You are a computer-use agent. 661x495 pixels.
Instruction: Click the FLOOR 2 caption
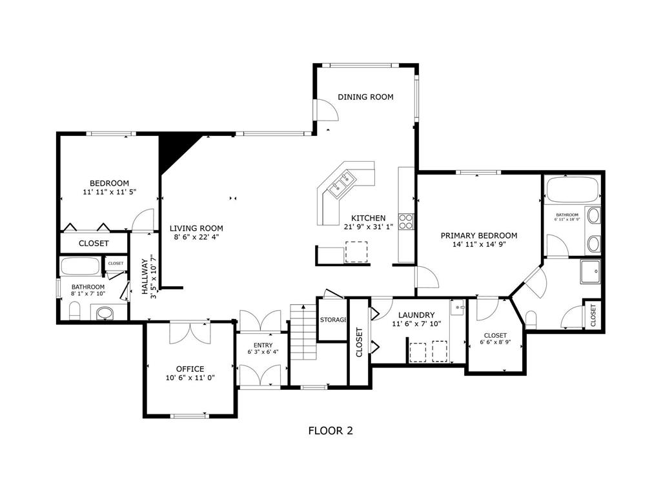[330, 431]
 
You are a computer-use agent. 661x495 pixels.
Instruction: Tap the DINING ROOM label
[365, 97]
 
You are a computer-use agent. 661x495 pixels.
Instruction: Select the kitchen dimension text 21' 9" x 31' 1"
[369, 227]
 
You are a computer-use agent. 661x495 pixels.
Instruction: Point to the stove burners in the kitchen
[407, 222]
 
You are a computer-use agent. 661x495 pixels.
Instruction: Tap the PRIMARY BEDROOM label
[478, 236]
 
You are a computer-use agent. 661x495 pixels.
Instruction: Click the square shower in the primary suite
[591, 272]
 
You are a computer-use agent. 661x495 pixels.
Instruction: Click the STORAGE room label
[333, 320]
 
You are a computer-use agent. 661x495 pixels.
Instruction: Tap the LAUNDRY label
[416, 315]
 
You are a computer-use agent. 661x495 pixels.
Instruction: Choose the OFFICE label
[190, 369]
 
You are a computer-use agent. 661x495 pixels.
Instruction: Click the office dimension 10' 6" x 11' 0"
[190, 378]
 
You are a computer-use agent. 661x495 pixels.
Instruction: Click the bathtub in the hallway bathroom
[81, 267]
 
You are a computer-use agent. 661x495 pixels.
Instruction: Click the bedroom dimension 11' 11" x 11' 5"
[109, 192]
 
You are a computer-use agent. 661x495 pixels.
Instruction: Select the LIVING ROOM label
[196, 228]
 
